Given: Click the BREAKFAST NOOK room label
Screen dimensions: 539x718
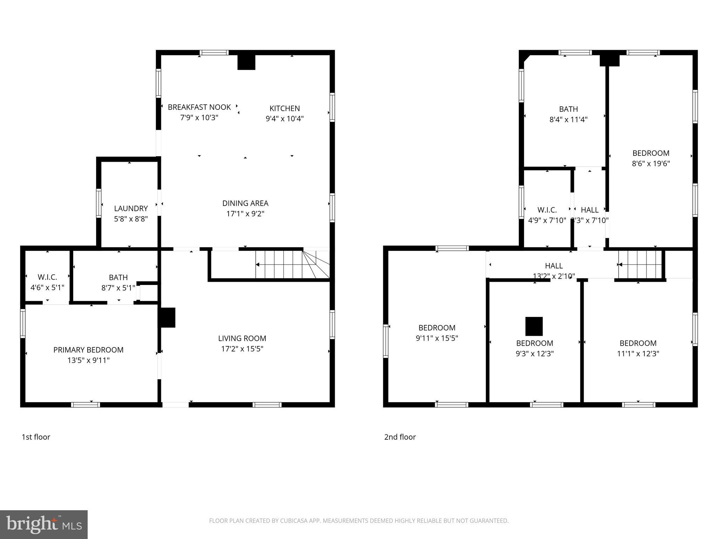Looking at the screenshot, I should click(x=199, y=107).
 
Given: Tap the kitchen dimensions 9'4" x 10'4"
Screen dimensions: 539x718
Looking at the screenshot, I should click(x=284, y=119).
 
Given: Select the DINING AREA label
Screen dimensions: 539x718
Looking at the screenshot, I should click(x=245, y=203).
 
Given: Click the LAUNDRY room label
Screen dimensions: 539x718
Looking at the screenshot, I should click(x=131, y=208).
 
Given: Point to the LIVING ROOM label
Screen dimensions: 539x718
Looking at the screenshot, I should click(x=242, y=338).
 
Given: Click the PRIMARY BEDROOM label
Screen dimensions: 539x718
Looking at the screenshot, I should click(x=88, y=350).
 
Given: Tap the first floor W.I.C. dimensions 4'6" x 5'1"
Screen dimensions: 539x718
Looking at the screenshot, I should click(x=47, y=288).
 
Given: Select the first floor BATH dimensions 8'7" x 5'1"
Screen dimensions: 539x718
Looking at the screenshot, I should click(x=118, y=288).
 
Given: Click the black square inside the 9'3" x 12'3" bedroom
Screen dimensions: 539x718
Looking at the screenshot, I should click(x=534, y=326).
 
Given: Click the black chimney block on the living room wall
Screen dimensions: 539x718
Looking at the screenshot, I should click(x=168, y=318).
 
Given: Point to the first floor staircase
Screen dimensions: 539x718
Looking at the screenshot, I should click(x=291, y=265).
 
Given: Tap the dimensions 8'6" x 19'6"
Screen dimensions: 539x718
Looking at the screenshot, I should click(x=651, y=164).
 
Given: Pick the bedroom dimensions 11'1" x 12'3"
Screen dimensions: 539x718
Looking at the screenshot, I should click(x=638, y=354).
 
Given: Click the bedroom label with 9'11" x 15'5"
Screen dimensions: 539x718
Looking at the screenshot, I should click(x=437, y=328).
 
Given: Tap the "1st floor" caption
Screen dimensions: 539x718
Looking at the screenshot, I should click(x=36, y=437).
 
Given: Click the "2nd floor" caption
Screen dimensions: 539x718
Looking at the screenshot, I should click(x=400, y=437).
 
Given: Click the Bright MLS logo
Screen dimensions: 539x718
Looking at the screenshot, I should click(x=44, y=525).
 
